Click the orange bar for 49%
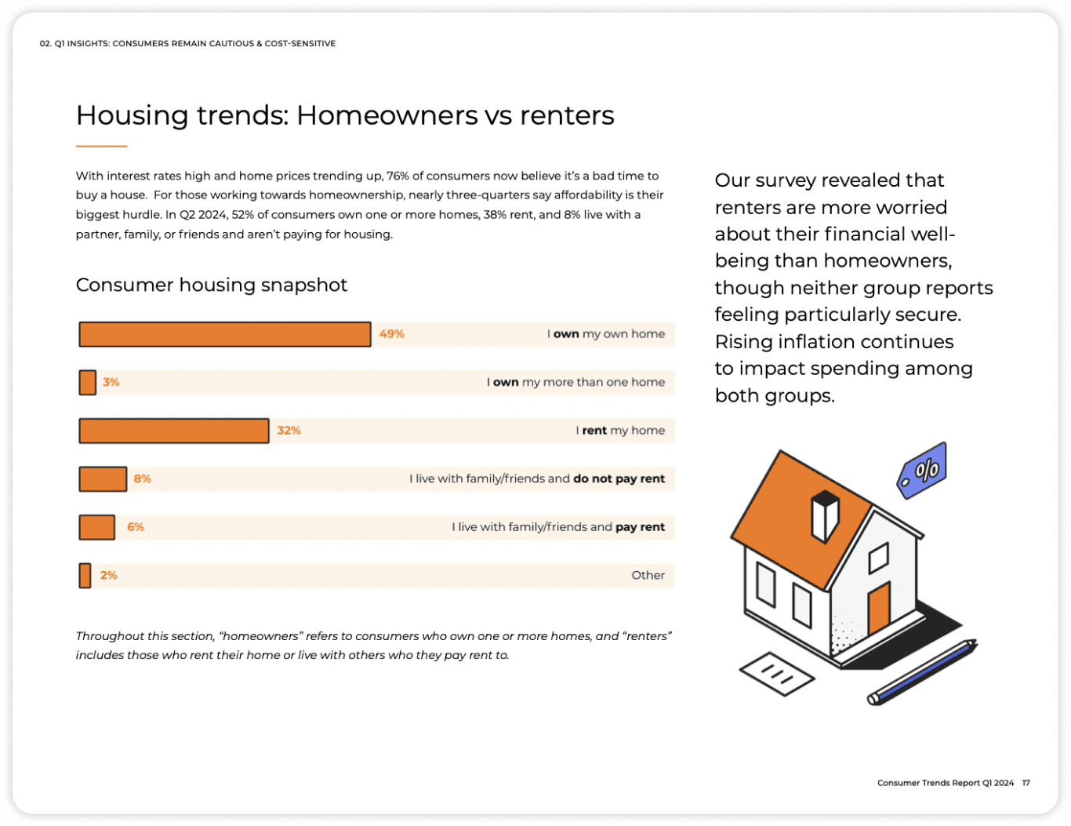[225, 334]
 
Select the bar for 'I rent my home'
[174, 431]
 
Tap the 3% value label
[111, 382]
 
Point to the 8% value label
[143, 478]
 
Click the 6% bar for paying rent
[97, 527]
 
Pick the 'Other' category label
[648, 575]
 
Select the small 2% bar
[85, 575]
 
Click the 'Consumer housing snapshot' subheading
[212, 285]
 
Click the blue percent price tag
[923, 470]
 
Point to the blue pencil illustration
[924, 672]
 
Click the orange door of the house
[879, 608]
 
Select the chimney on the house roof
[825, 515]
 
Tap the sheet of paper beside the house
[777, 673]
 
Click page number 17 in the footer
[1026, 783]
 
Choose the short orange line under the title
[101, 146]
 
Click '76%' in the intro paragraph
[398, 176]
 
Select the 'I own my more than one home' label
[575, 382]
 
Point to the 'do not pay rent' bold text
[619, 478]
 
